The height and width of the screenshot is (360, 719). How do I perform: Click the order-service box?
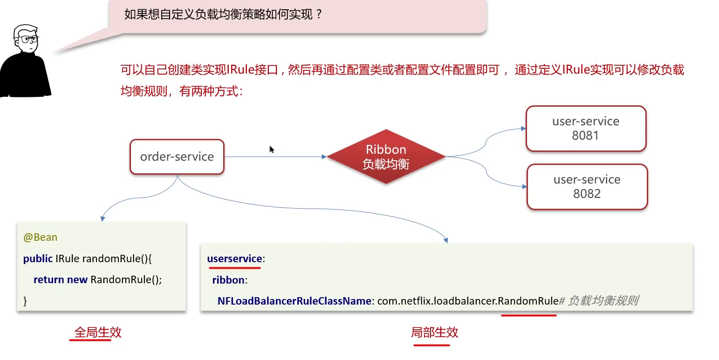177,157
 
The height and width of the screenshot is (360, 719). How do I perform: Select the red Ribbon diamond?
386,156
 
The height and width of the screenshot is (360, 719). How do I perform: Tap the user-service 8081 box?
586,129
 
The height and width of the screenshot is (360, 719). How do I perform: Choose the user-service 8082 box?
587,187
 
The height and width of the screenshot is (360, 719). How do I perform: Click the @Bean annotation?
41,238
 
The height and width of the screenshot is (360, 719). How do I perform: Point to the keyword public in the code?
38,258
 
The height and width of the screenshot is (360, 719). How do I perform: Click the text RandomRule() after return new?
126,280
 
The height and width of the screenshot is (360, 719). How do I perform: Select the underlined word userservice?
234,259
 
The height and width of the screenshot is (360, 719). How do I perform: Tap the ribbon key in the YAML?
228,280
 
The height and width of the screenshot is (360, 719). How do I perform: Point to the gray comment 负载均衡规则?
603,301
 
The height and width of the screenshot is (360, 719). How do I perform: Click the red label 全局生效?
98,333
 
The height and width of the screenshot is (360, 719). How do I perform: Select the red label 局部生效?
434,333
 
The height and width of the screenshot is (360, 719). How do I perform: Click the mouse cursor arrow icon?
272,149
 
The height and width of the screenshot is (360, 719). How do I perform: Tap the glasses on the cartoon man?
28,40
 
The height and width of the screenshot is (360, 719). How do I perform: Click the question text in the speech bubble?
223,14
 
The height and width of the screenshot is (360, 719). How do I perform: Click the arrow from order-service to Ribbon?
275,157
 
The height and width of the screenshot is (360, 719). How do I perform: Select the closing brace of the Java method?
25,301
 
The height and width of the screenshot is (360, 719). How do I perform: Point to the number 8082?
587,194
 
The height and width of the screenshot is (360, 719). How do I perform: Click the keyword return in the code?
48,280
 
